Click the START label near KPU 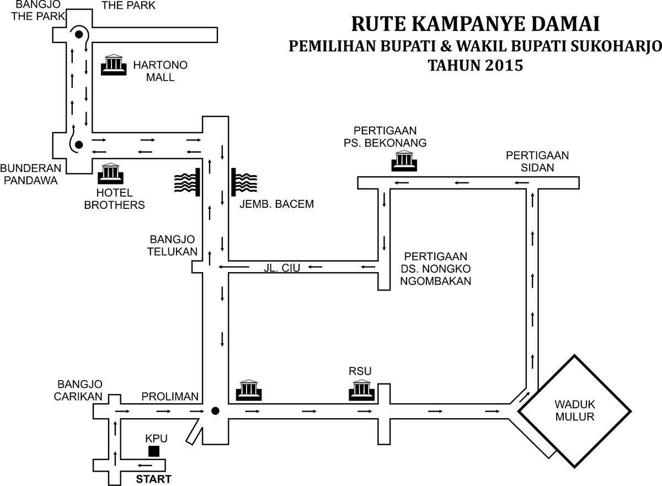(x=153, y=479)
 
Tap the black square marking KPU (x=154, y=451)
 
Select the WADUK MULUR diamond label (x=575, y=411)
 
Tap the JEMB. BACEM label (x=277, y=204)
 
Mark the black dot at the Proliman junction (x=216, y=411)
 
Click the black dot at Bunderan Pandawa (x=78, y=145)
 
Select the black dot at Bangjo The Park (x=79, y=35)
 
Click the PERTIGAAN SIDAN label (x=529, y=162)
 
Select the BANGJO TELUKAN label (x=173, y=246)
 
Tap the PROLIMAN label (x=169, y=397)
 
